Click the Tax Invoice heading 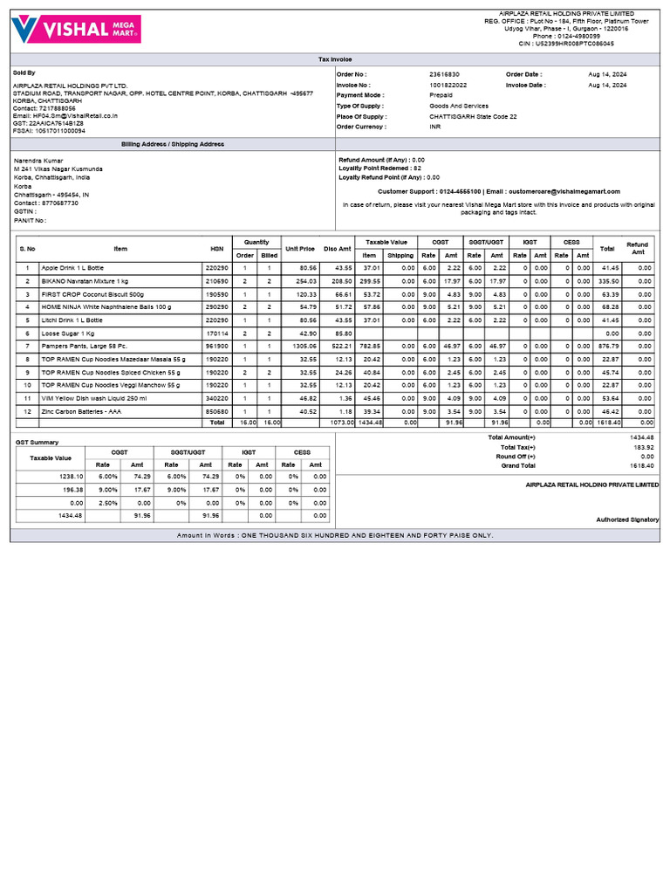(335, 59)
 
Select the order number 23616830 (445, 75)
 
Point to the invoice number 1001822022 (448, 86)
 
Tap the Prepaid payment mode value (441, 95)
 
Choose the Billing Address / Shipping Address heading (172, 144)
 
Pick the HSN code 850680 (216, 410)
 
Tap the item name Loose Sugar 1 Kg (68, 334)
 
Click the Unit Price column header (299, 248)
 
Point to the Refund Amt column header (638, 248)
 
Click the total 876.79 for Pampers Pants (607, 346)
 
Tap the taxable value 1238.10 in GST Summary (71, 477)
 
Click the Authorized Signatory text (627, 519)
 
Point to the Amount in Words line (335, 535)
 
